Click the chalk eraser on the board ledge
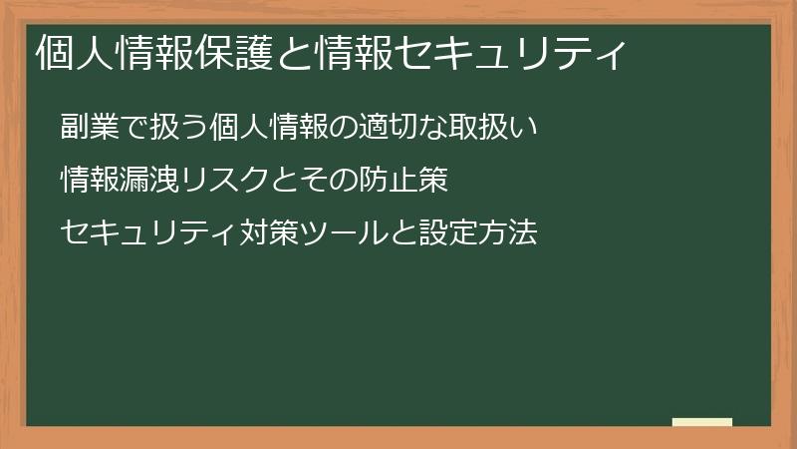(x=702, y=422)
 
